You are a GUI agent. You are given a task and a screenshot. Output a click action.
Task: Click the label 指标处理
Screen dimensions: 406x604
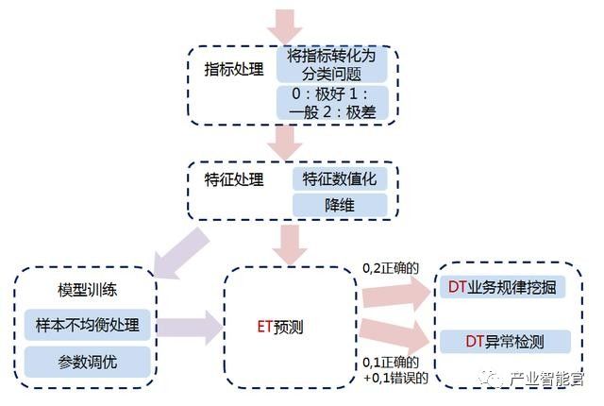click(232, 70)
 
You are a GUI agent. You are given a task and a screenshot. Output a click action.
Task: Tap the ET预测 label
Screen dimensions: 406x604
click(281, 327)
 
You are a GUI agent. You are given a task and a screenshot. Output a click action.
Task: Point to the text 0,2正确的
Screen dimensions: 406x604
click(391, 270)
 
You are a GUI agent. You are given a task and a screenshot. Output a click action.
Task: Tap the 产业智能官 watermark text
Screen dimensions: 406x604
click(545, 380)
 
